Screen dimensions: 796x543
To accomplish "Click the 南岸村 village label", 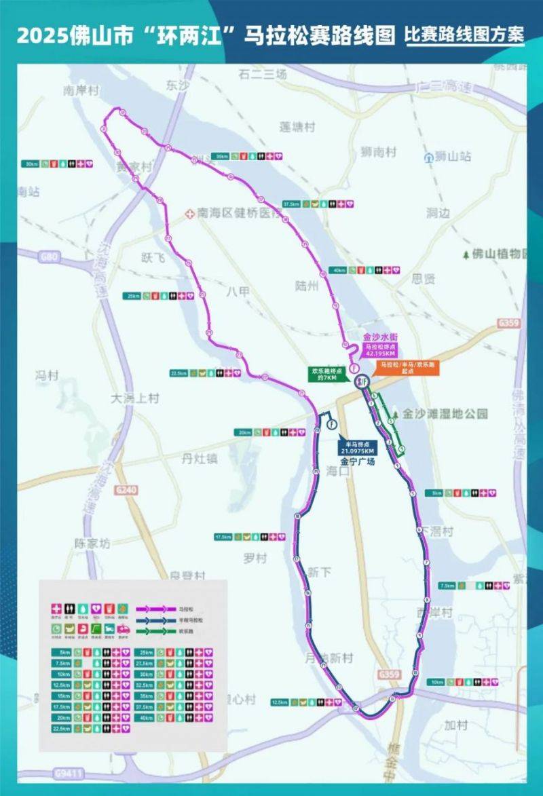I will pos(81,90).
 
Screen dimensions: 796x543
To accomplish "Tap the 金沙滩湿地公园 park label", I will pos(445,413).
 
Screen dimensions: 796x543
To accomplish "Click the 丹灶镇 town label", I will pos(200,459).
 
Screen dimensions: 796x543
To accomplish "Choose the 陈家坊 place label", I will pos(92,543).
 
